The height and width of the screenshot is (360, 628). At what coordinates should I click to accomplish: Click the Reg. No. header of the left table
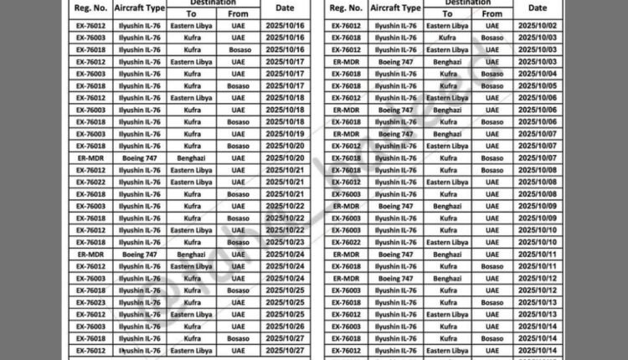[x=91, y=8]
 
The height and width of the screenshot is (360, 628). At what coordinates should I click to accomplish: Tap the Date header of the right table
[x=539, y=8]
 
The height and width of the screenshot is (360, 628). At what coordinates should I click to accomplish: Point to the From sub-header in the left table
[x=239, y=13]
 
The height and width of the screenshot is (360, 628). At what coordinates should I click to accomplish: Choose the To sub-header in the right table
[x=447, y=13]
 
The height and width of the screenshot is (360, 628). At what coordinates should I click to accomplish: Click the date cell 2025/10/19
[x=285, y=134]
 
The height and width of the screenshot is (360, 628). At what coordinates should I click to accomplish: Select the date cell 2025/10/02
[x=539, y=26]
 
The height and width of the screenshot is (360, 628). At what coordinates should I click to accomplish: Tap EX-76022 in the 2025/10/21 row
[x=91, y=182]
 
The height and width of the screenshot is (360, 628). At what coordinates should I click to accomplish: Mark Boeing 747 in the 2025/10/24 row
[x=138, y=254]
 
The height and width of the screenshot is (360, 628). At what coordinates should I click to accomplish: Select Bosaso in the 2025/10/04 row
[x=492, y=74]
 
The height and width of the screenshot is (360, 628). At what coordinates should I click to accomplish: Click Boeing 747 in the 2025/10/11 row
[x=395, y=254]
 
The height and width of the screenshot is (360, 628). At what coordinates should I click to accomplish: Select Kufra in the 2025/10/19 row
[x=192, y=134]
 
